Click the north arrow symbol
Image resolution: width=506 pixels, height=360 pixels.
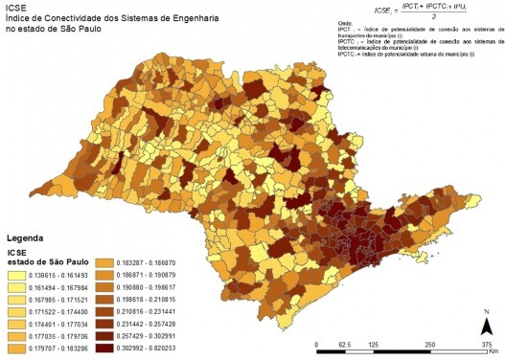click(x=486, y=318)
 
